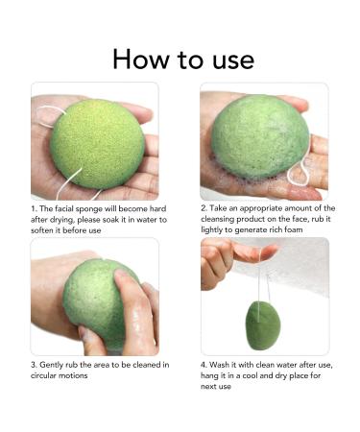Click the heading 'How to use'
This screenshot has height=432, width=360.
click(182, 59)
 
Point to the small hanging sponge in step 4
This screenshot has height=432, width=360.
click(260, 324)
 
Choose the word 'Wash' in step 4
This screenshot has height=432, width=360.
click(220, 365)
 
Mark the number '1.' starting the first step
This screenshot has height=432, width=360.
click(34, 208)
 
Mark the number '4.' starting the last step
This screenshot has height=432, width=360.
click(204, 365)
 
